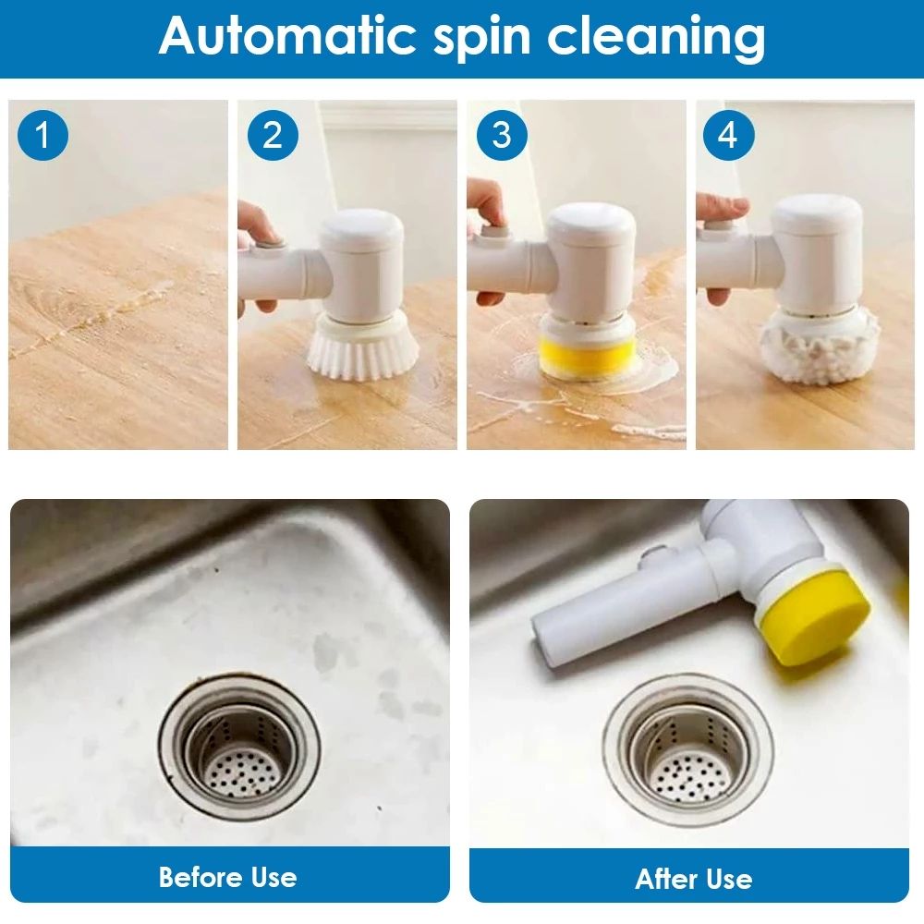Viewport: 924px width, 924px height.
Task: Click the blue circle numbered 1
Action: click(43, 136)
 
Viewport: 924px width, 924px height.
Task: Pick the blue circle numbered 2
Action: click(273, 136)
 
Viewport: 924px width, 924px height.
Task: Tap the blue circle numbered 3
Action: click(502, 136)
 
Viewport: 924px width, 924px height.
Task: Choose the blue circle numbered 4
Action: click(729, 136)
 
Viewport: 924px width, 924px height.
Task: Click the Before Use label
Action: click(227, 876)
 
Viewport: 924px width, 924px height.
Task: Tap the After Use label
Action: click(693, 879)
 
